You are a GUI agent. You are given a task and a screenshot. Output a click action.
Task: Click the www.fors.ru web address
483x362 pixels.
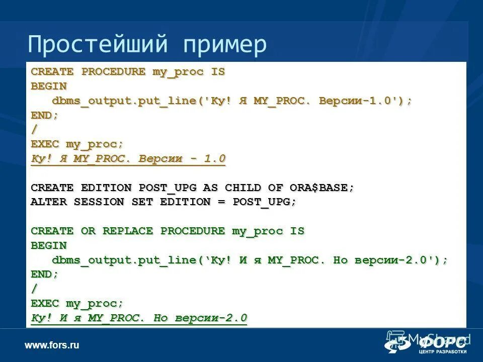(x=52, y=345)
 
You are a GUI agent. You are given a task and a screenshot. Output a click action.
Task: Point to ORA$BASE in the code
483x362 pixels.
(x=322, y=188)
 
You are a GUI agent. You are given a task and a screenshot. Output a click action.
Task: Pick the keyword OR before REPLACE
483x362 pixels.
(x=88, y=231)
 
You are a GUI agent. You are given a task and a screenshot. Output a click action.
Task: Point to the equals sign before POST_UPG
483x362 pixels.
(x=221, y=202)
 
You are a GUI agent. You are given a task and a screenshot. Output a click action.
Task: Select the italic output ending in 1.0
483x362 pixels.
(x=128, y=159)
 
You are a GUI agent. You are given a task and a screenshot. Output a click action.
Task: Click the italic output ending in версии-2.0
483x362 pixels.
(x=139, y=318)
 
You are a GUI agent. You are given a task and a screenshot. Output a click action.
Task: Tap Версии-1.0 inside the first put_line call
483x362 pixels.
(x=358, y=101)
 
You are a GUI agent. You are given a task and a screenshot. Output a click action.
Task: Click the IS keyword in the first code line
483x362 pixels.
(x=218, y=71)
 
